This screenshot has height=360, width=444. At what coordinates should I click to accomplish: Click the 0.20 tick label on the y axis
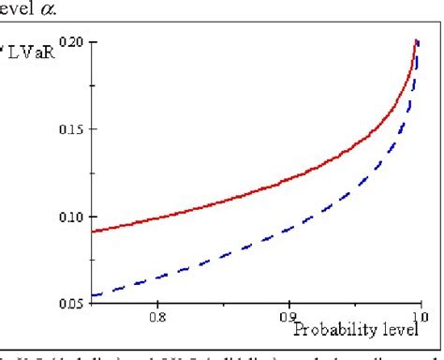(70, 42)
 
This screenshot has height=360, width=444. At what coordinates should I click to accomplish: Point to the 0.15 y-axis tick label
(70, 129)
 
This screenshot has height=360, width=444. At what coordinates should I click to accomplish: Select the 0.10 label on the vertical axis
(70, 217)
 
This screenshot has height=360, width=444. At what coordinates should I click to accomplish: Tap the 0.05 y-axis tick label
(70, 304)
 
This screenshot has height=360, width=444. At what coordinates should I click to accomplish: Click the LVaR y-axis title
(34, 43)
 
